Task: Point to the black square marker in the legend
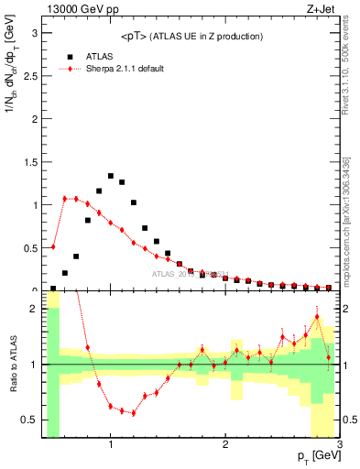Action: [x=64, y=56]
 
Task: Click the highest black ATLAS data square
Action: [x=111, y=176]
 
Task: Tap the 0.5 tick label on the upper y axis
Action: [x=29, y=247]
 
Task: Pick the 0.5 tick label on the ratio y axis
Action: [x=29, y=420]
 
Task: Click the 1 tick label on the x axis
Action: [x=111, y=445]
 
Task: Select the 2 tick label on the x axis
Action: [x=225, y=445]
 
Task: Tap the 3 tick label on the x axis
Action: [x=339, y=445]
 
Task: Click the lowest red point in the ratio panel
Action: [x=134, y=413]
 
